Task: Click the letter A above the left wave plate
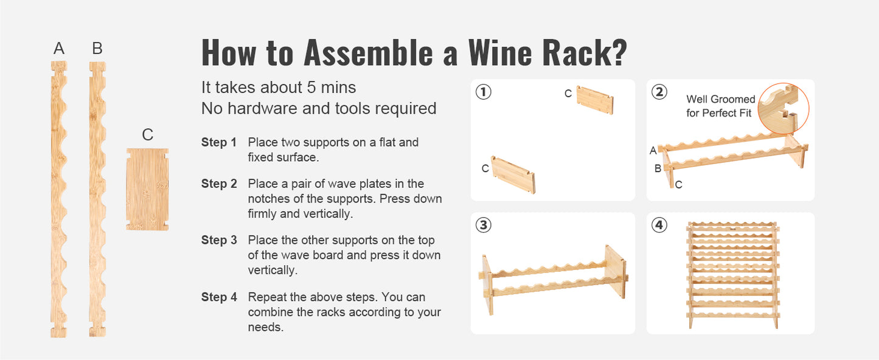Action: (59, 49)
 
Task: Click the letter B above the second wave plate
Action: (97, 49)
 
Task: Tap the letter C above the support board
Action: (147, 135)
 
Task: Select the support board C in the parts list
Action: (147, 189)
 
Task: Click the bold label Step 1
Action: (219, 143)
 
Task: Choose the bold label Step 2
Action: (219, 184)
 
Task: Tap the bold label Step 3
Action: (219, 240)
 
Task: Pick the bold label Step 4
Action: (219, 297)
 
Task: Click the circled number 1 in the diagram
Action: (484, 92)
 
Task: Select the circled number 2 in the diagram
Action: (659, 92)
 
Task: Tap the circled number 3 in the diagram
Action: (484, 225)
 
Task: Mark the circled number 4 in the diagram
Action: (659, 225)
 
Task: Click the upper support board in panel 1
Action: (595, 100)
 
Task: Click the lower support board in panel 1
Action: (514, 175)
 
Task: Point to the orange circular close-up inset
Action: (783, 109)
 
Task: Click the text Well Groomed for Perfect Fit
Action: (720, 106)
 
